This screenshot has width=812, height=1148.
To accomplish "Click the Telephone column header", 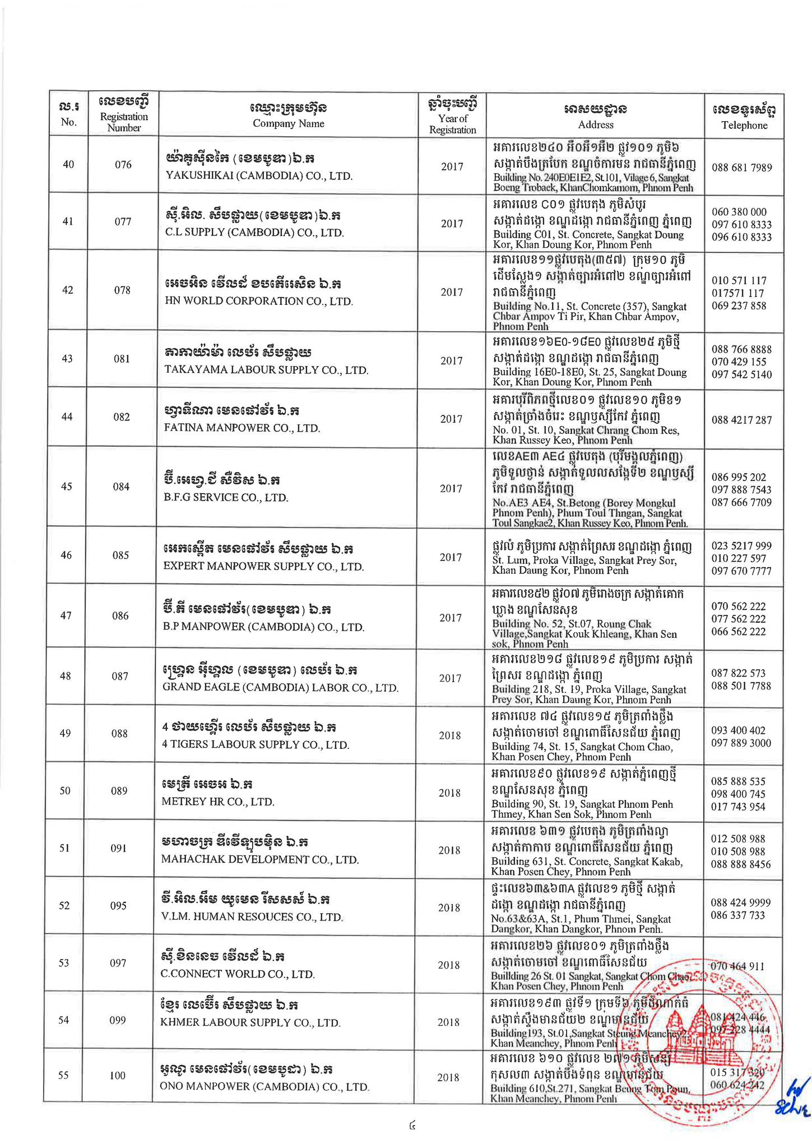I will pyautogui.click(x=744, y=115).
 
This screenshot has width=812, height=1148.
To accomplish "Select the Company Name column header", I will pyautogui.click(x=288, y=115).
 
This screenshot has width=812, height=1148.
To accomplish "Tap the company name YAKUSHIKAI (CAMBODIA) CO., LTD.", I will pyautogui.click(x=259, y=175).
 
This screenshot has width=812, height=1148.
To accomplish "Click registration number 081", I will pyautogui.click(x=122, y=359).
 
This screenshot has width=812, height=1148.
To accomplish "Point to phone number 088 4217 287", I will pyautogui.click(x=741, y=420).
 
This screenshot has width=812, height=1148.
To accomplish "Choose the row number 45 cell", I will pyautogui.click(x=66, y=486).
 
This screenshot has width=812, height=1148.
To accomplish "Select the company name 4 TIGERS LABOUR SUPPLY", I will pyautogui.click(x=256, y=745).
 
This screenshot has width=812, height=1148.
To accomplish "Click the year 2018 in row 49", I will pyautogui.click(x=449, y=735).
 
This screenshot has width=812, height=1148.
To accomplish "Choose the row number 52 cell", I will pyautogui.click(x=65, y=906).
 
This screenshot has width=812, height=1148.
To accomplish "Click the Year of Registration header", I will pyautogui.click(x=452, y=115).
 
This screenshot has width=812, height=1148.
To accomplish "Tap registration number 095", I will pyautogui.click(x=118, y=906).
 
